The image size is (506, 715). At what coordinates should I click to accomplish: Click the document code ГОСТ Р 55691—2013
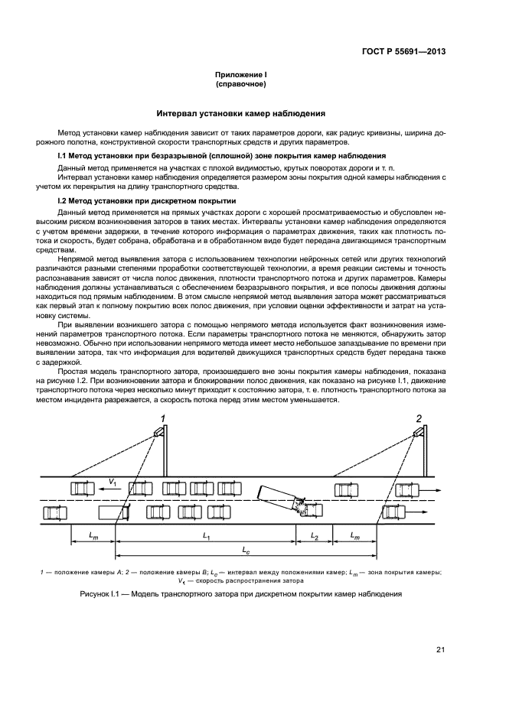[x=403, y=52]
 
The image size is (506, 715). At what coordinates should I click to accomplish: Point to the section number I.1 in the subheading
[x=64, y=155]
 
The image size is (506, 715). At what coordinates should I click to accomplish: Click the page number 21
[x=440, y=650]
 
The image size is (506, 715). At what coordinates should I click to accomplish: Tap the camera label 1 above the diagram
[x=162, y=418]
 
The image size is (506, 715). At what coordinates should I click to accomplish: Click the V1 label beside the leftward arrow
[x=112, y=481]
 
